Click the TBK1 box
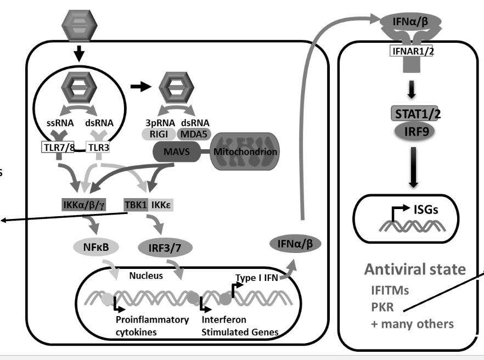pos(134,205)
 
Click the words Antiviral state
pos(415,270)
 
